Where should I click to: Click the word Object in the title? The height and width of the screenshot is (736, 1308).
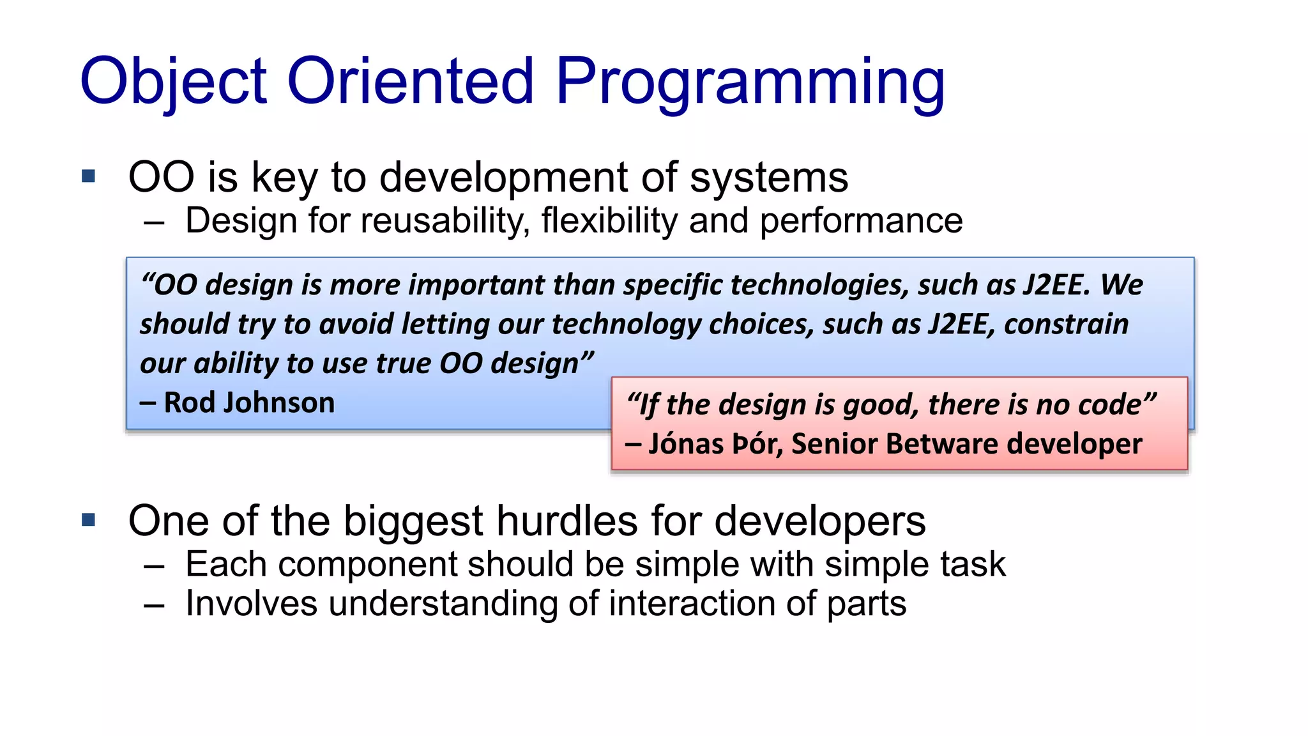coord(172,82)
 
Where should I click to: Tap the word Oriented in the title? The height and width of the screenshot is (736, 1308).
coord(410,82)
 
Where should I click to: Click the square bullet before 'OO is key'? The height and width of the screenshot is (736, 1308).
coord(89,176)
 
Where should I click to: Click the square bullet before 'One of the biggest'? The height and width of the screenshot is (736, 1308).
coord(89,520)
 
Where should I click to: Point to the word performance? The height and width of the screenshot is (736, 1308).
coord(861,221)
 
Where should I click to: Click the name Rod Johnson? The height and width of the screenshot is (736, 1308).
coord(249,403)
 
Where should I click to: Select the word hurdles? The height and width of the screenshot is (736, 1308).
coord(567,521)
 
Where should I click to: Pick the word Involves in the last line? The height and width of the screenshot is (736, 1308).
coord(251,604)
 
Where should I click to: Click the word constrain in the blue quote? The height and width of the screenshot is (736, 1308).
coord(1066,325)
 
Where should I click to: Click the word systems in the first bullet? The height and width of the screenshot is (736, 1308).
coord(769,178)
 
